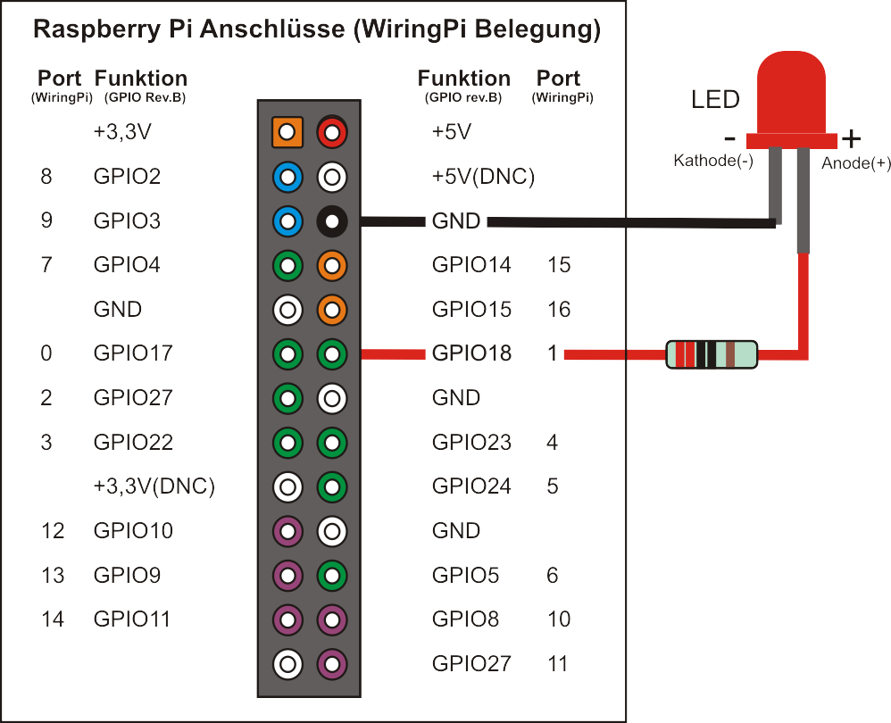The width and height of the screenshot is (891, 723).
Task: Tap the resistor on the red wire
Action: pyautogui.click(x=712, y=354)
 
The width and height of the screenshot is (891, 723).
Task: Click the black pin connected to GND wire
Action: pyautogui.click(x=331, y=220)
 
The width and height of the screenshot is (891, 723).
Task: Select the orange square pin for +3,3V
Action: pyautogui.click(x=287, y=133)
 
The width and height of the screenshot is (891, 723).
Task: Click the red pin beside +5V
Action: pyautogui.click(x=331, y=133)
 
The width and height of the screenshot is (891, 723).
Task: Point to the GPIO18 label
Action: pyautogui.click(x=471, y=353)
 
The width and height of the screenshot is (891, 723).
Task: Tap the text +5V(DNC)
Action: pyautogui.click(x=483, y=177)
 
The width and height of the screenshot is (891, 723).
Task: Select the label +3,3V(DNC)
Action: pyautogui.click(x=154, y=486)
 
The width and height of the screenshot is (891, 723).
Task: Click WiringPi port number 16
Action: pyautogui.click(x=559, y=310)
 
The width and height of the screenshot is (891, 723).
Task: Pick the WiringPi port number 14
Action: pyautogui.click(x=53, y=619)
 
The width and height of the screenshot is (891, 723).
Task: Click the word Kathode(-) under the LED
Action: pyautogui.click(x=712, y=162)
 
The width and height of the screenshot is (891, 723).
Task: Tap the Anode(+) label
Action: pyautogui.click(x=856, y=162)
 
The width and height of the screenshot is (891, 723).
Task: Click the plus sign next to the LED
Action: pyautogui.click(x=852, y=138)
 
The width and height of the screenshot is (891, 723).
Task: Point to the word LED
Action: pyautogui.click(x=715, y=99)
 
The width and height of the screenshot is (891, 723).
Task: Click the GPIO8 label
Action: pyautogui.click(x=465, y=619)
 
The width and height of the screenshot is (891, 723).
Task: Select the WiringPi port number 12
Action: pyautogui.click(x=53, y=531)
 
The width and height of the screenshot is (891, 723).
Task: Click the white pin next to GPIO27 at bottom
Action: pyautogui.click(x=287, y=663)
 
